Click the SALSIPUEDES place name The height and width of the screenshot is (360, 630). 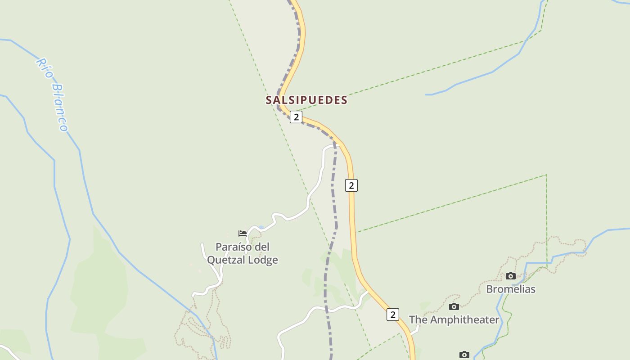click(x=306, y=100)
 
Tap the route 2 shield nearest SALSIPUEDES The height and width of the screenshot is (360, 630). click(x=296, y=117)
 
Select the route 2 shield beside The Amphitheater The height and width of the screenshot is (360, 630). click(x=392, y=315)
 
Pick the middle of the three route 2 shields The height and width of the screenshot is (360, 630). click(x=351, y=185)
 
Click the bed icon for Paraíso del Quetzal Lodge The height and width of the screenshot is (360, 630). click(x=243, y=233)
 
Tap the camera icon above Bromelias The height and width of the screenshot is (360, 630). click(x=510, y=276)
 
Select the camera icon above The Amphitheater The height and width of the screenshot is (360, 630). click(x=454, y=306)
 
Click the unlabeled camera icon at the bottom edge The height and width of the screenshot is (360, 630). click(x=464, y=355)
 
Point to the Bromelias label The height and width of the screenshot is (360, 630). click(x=511, y=289)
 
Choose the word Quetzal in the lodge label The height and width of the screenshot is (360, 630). click(x=225, y=260)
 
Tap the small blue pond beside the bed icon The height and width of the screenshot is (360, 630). click(x=261, y=228)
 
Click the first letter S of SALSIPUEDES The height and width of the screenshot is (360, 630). click(x=269, y=100)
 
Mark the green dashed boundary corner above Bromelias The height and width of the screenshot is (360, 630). click(x=547, y=175)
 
